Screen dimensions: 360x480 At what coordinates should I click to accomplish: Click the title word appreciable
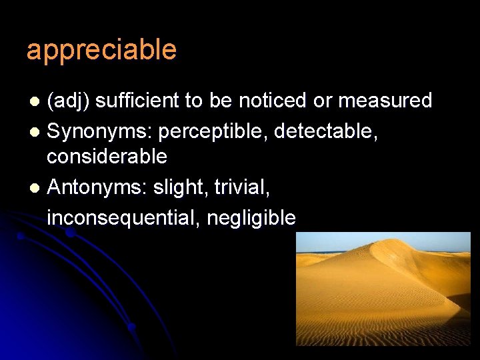click(101, 51)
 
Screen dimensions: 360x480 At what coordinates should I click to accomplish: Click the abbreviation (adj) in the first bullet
click(69, 101)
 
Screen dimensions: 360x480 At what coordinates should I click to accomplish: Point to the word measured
click(385, 101)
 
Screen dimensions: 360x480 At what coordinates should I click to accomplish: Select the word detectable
click(321, 132)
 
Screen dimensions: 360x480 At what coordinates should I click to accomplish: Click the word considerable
click(107, 157)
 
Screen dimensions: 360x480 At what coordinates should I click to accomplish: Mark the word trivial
click(242, 188)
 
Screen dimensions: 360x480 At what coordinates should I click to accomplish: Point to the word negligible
click(251, 217)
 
